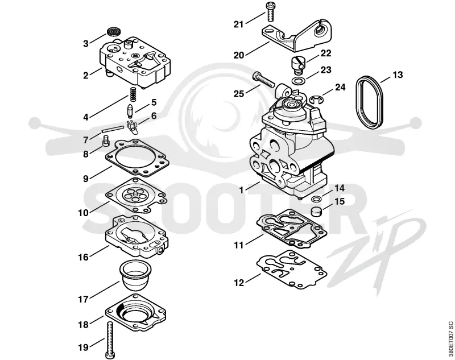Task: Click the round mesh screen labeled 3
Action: (x=114, y=31)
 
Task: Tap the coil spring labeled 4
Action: (x=132, y=94)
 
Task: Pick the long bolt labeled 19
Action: (x=111, y=340)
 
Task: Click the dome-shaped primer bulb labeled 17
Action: (x=136, y=275)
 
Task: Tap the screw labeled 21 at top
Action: (x=270, y=11)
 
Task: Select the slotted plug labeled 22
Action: (x=297, y=65)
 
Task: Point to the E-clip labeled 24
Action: (x=315, y=100)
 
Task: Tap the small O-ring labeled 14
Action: (x=316, y=199)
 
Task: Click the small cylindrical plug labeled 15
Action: (x=317, y=212)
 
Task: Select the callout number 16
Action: (x=83, y=257)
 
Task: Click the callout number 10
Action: (x=83, y=213)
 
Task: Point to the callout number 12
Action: (x=239, y=283)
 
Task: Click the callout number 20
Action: (x=239, y=55)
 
